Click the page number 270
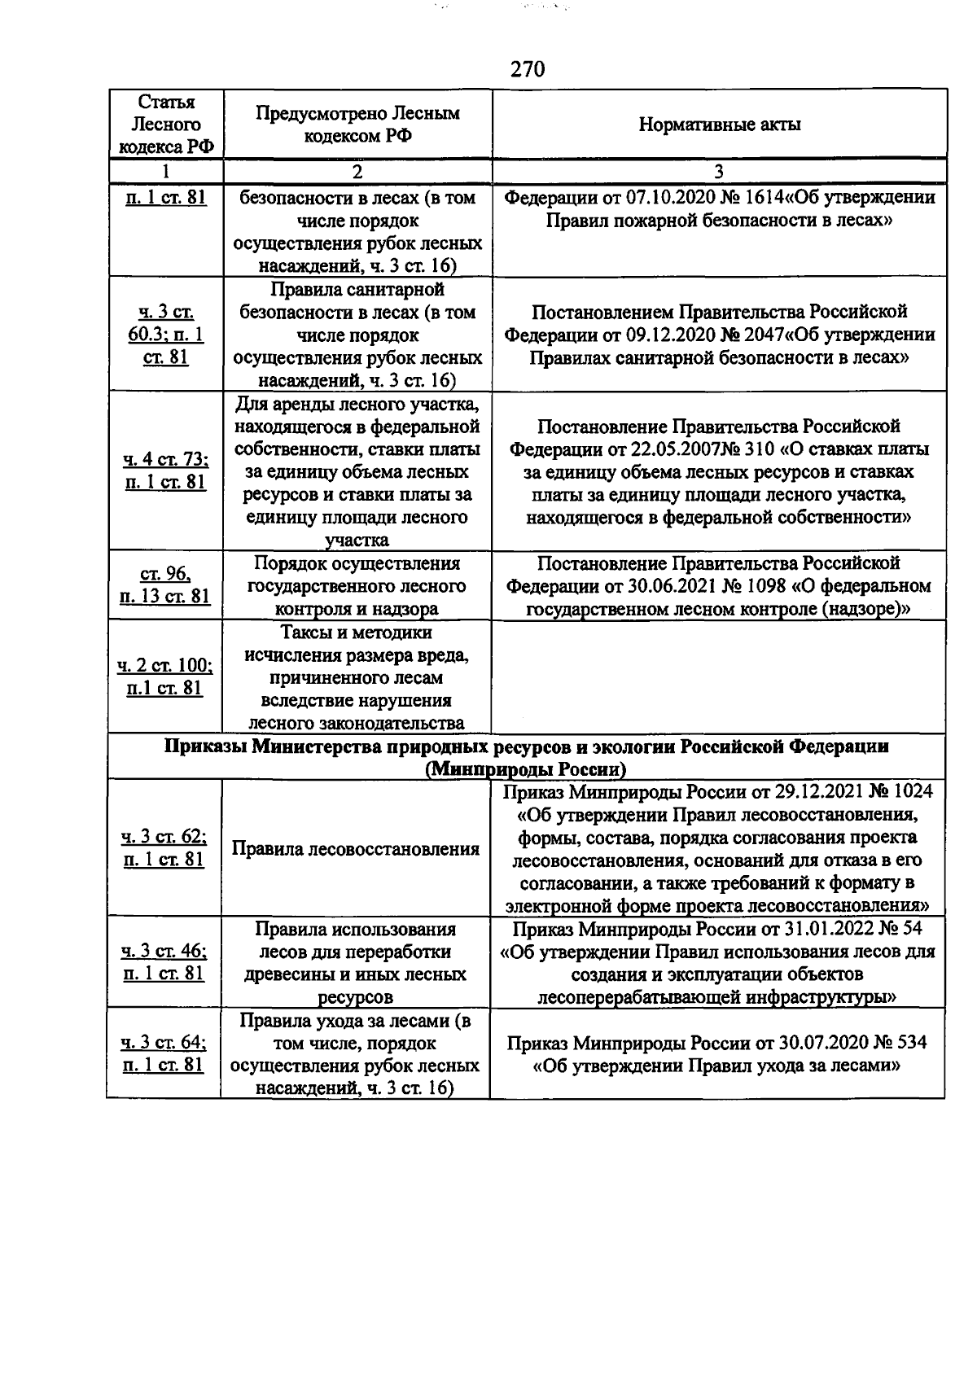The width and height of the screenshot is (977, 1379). (528, 69)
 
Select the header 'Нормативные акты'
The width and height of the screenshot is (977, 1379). (719, 125)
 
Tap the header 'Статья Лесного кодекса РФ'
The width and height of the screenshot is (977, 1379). (166, 125)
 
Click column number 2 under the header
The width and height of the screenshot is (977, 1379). (357, 172)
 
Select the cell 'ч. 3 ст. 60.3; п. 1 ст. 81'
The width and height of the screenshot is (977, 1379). (166, 335)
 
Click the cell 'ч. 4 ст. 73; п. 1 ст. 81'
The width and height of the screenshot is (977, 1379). (166, 471)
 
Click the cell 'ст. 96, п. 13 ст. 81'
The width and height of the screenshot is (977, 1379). (166, 586)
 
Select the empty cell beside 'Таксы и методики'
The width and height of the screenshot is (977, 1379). (719, 677)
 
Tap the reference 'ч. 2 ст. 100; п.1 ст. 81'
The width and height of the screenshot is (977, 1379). (166, 677)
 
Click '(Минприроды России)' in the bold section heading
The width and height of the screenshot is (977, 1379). (527, 769)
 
